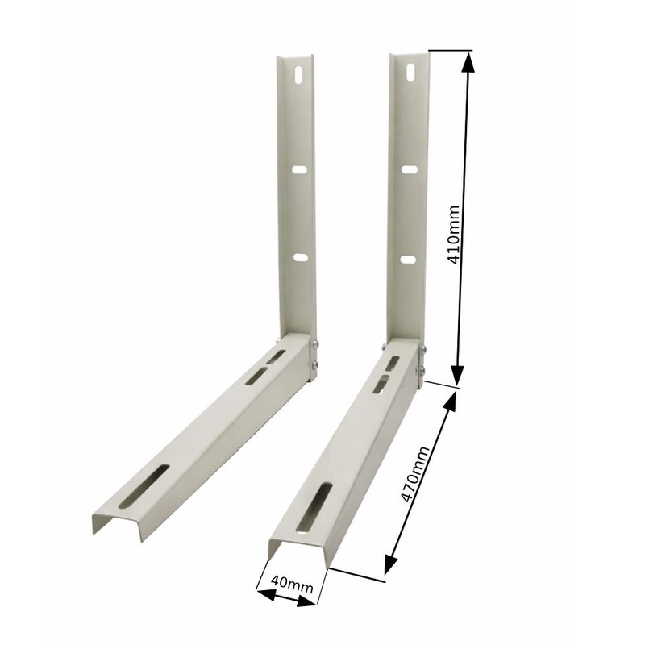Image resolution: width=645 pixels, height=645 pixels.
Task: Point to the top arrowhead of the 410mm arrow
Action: point(467,60)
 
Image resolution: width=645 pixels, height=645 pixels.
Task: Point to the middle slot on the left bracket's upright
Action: point(299,170)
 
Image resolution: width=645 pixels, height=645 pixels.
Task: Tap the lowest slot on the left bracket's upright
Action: point(300,258)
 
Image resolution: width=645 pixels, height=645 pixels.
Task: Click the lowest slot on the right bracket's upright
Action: point(410,260)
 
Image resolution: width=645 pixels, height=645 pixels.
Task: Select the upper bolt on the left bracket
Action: point(314,347)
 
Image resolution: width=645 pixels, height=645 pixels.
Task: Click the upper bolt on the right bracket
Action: point(420,349)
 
